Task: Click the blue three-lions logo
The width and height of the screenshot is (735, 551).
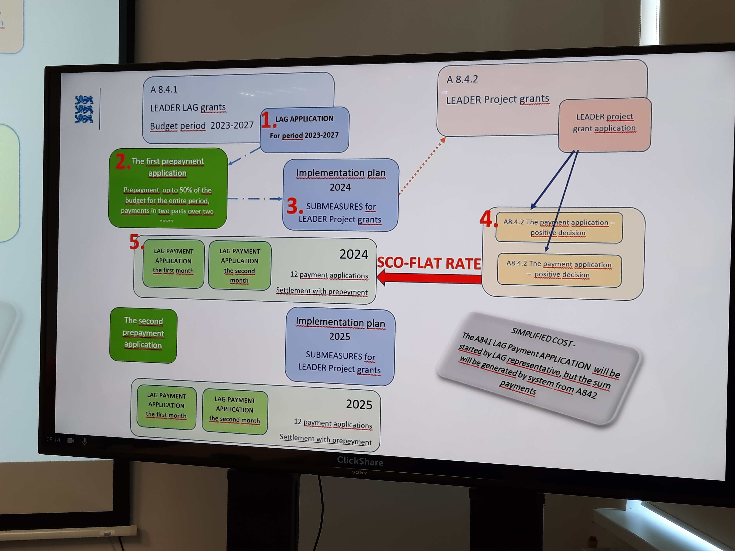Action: (84, 109)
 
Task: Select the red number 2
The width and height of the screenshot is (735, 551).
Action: (122, 162)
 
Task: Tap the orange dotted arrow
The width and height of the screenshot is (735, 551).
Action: (422, 166)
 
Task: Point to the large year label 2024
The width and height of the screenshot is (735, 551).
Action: (354, 254)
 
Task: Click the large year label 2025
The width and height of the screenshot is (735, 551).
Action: (359, 404)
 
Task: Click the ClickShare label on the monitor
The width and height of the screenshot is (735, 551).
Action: (360, 461)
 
